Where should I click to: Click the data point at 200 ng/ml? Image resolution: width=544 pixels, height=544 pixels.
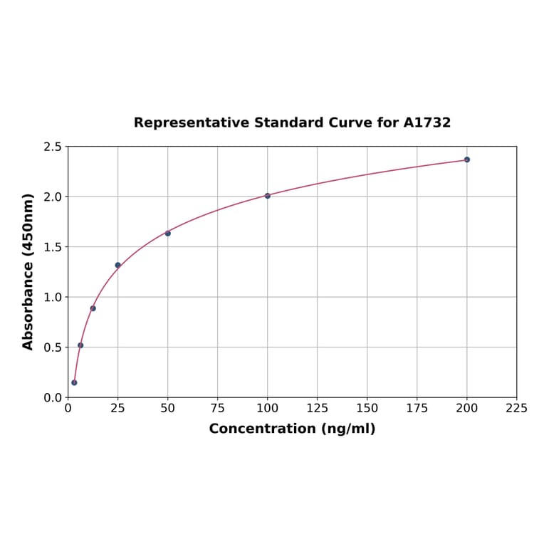pos(467,159)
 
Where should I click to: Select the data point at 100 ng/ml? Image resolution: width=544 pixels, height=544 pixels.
pos(268,196)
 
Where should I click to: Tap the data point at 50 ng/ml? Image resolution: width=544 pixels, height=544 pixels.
pos(168,234)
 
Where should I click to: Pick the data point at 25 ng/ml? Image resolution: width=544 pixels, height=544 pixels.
pos(118,266)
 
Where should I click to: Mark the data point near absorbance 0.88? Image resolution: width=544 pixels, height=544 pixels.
pos(93,308)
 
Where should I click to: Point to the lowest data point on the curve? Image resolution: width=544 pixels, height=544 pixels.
pos(74,382)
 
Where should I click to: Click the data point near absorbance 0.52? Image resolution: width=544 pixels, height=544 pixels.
pos(80,345)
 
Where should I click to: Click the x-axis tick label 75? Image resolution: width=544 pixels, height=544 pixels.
pos(218,409)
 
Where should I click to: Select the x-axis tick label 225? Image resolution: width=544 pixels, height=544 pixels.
pos(517,409)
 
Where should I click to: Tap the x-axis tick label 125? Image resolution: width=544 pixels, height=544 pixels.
pos(318,409)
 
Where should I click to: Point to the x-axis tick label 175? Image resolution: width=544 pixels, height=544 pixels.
pos(417,409)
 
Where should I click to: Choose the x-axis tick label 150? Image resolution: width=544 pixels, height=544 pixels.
pos(367,409)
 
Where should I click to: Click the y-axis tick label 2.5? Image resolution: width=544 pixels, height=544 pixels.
pos(53,147)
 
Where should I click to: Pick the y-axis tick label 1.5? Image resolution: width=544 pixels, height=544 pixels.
pos(53,247)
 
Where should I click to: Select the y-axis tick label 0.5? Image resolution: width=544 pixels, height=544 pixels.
pos(53,347)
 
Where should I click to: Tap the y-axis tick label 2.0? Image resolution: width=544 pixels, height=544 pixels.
pos(53,197)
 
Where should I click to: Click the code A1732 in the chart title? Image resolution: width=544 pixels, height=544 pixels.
pos(427,123)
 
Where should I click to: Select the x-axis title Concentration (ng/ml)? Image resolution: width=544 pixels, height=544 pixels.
pos(292,429)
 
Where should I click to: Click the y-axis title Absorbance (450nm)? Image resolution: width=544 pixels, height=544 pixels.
pos(28,271)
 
